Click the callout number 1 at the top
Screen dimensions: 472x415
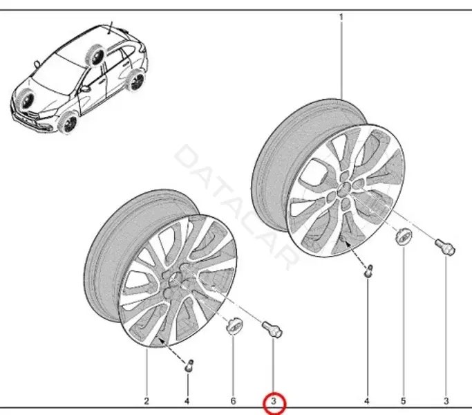pyautogui.click(x=341, y=17)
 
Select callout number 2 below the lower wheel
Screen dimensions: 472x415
pyautogui.click(x=147, y=401)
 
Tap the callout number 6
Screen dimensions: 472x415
pyautogui.click(x=234, y=401)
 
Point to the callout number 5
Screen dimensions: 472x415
pyautogui.click(x=404, y=401)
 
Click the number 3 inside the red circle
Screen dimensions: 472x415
pyautogui.click(x=274, y=401)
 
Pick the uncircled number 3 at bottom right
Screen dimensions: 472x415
pyautogui.click(x=446, y=401)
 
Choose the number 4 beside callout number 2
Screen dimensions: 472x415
pyautogui.click(x=187, y=401)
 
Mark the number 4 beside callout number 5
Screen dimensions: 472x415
pyautogui.click(x=367, y=401)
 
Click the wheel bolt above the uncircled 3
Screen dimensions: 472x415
pyautogui.click(x=445, y=246)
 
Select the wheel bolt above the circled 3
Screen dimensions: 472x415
pyautogui.click(x=272, y=329)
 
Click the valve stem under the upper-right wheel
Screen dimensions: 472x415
pyautogui.click(x=368, y=270)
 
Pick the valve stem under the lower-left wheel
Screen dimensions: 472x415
pyautogui.click(x=189, y=366)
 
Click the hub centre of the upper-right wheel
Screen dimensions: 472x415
pyautogui.click(x=343, y=190)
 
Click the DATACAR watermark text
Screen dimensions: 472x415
pyautogui.click(x=236, y=206)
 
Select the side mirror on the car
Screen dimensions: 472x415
pyautogui.click(x=85, y=89)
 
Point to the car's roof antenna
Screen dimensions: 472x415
pyautogui.click(x=111, y=28)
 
